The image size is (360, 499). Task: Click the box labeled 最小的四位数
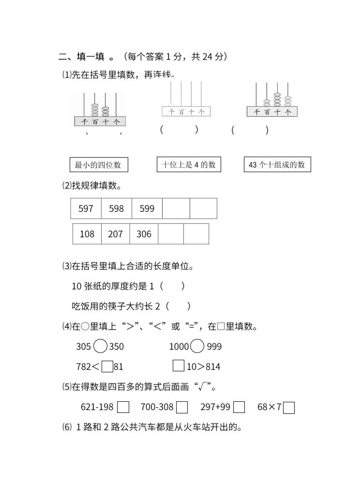pyautogui.click(x=99, y=165)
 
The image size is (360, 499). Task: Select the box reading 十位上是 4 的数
pyautogui.click(x=188, y=164)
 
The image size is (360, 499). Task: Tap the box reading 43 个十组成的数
pyautogui.click(x=277, y=164)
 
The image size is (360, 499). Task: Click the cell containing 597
pyautogui.click(x=86, y=208)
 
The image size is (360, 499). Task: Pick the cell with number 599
pyautogui.click(x=147, y=208)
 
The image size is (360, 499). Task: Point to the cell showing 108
pyautogui.click(x=87, y=234)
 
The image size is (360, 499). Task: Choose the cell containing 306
pyautogui.click(x=144, y=234)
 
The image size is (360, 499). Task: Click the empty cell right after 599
pyautogui.click(x=176, y=208)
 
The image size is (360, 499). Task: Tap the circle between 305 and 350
pyautogui.click(x=100, y=346)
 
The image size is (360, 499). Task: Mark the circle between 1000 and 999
pyautogui.click(x=197, y=346)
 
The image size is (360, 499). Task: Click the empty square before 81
pyautogui.click(x=107, y=367)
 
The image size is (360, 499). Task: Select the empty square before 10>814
pyautogui.click(x=179, y=366)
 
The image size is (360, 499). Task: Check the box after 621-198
pyautogui.click(x=123, y=408)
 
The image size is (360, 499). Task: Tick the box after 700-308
pyautogui.click(x=182, y=408)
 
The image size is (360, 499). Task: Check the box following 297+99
pyautogui.click(x=239, y=408)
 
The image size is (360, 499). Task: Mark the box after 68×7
pyautogui.click(x=289, y=408)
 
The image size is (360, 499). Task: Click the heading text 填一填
pyautogui.click(x=90, y=57)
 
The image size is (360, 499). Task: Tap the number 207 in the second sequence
pyautogui.click(x=115, y=234)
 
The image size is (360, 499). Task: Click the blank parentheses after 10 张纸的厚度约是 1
pyautogui.click(x=172, y=286)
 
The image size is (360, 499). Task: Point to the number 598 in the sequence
pyautogui.click(x=116, y=208)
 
